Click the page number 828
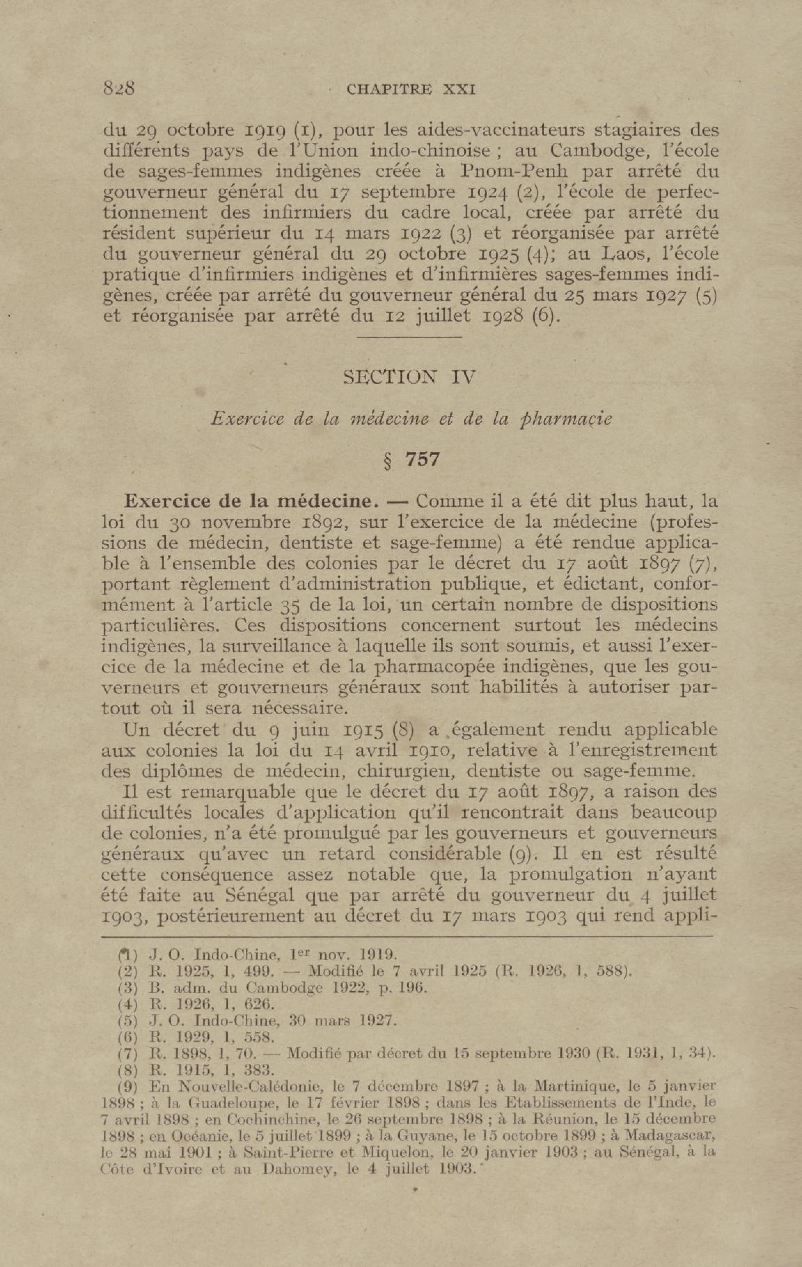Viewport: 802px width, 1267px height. pos(119,87)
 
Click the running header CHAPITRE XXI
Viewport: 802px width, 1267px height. pos(411,89)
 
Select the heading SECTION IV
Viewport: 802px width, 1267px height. pos(409,377)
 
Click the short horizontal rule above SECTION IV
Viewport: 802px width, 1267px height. pos(409,337)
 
